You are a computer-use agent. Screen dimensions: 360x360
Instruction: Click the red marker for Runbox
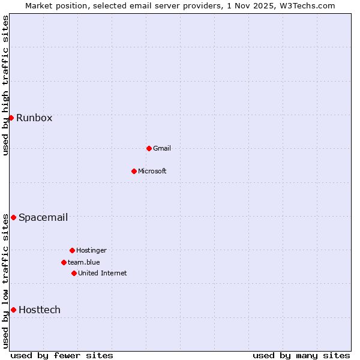11,118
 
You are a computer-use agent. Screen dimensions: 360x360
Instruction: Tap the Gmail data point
149,148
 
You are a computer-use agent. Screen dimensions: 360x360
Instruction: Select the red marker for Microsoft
134,171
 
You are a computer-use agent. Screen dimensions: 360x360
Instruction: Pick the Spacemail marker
13,217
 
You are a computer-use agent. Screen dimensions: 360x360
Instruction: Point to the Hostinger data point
72,250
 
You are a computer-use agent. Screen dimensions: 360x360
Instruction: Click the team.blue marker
64,262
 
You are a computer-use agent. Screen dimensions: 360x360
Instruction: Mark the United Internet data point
74,273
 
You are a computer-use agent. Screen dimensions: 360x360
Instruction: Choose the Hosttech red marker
13,310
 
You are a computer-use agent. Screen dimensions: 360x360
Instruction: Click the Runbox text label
34,118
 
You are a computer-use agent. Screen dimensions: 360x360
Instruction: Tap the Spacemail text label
43,217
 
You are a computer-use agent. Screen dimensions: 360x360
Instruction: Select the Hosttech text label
40,310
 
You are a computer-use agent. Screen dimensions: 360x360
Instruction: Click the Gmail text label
162,148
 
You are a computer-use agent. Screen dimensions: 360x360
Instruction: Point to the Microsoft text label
152,171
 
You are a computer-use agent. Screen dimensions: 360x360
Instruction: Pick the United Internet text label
103,273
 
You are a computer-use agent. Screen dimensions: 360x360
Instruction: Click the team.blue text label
84,262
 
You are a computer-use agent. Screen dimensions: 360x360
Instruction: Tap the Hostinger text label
91,250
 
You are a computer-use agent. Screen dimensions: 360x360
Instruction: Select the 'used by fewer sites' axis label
62,355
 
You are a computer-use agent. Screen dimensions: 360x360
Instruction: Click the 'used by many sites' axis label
301,355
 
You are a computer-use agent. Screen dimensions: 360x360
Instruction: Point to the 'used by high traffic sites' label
5,85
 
